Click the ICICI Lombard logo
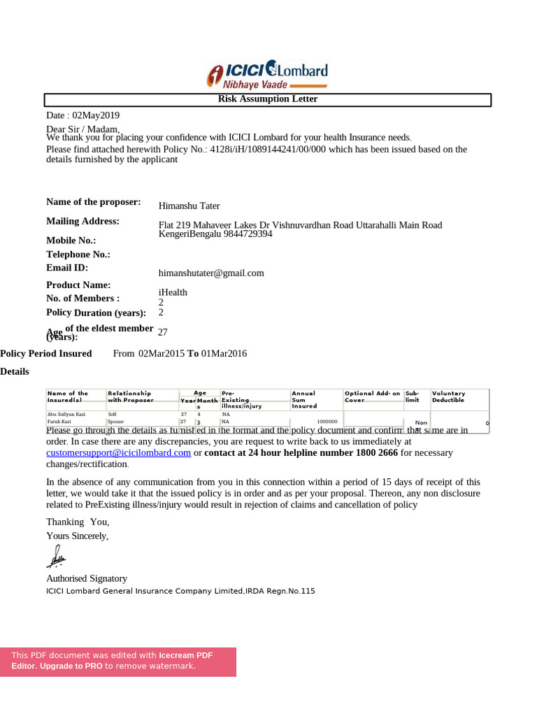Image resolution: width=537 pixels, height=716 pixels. (267, 74)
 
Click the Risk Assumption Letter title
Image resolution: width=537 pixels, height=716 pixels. (267, 99)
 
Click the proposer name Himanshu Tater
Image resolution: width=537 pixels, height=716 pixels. (189, 206)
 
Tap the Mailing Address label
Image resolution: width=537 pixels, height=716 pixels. (83, 221)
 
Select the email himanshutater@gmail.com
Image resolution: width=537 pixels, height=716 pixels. (211, 273)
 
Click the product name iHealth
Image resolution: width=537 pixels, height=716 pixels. (173, 292)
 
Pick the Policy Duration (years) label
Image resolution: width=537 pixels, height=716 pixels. (96, 313)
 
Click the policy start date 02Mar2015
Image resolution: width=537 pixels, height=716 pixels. (162, 353)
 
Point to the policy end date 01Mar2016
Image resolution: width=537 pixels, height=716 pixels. (224, 353)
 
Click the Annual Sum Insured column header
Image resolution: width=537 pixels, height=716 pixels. (303, 399)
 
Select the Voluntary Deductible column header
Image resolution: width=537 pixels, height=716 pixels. (449, 396)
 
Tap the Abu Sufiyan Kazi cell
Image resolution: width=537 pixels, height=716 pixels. (66, 414)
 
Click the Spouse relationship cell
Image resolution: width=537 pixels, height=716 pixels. (115, 422)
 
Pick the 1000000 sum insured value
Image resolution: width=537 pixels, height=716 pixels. (327, 422)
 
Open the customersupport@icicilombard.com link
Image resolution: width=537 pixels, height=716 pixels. (118, 452)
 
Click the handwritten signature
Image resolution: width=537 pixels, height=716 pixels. (55, 557)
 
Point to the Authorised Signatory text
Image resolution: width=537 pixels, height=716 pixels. (87, 578)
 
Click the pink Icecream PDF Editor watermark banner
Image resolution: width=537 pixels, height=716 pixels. (117, 661)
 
